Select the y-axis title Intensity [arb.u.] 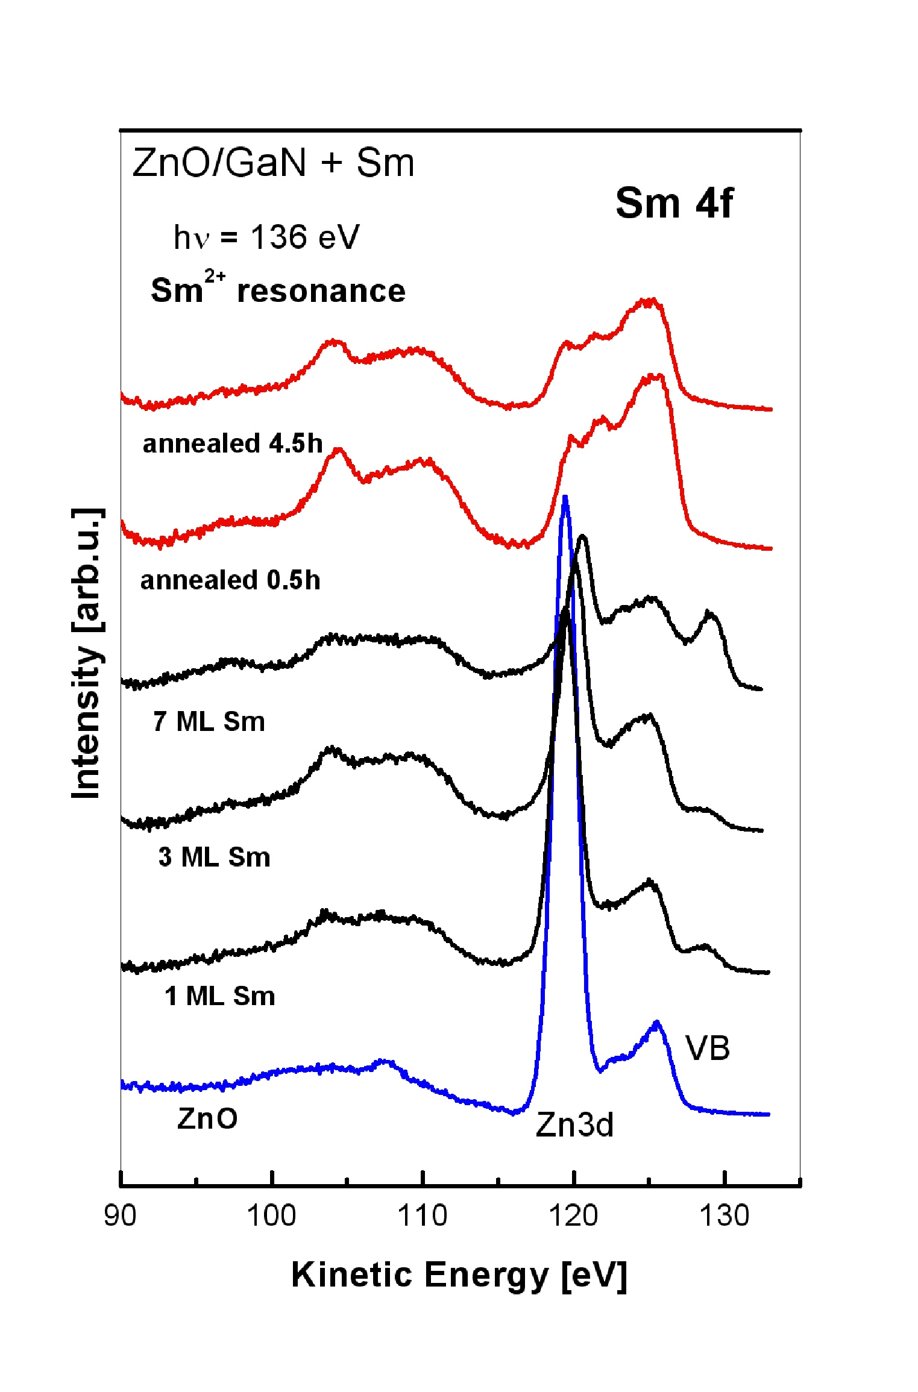(x=86, y=654)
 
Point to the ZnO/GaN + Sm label (x=274, y=163)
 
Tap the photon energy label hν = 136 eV (x=266, y=237)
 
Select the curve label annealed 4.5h (x=233, y=444)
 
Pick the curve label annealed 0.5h (x=230, y=580)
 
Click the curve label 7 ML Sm (x=209, y=721)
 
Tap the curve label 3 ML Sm (x=214, y=857)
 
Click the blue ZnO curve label (x=207, y=1119)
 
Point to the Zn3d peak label (x=574, y=1124)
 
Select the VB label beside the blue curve (x=708, y=1048)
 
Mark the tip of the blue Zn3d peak (x=565, y=497)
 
